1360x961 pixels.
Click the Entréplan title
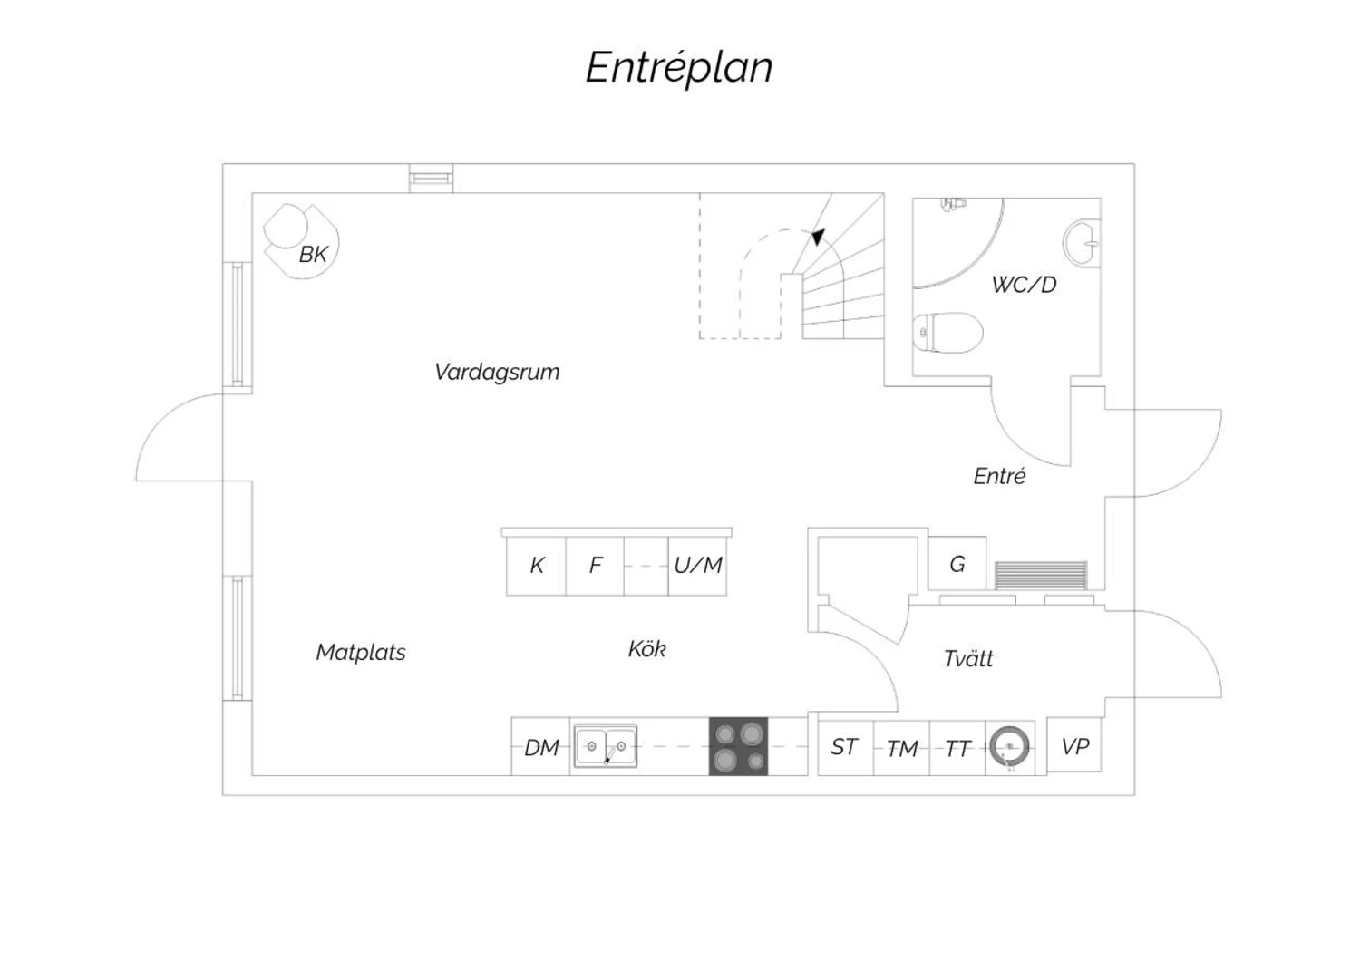[x=679, y=68]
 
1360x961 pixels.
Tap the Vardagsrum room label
[x=497, y=372]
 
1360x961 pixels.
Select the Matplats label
[x=361, y=653]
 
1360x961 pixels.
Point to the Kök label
[x=647, y=649]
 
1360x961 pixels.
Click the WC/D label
[x=1025, y=285]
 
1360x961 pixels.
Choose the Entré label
[x=999, y=476]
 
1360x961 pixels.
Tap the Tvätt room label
[x=968, y=659]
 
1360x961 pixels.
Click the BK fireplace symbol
[x=301, y=241]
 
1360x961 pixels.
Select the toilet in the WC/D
[x=947, y=333]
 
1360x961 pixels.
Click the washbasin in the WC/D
[x=1082, y=243]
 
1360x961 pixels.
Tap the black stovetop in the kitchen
[x=738, y=746]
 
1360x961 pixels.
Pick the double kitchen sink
[x=606, y=745]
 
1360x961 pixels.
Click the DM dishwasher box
[x=540, y=747]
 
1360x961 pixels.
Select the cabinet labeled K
[x=536, y=566]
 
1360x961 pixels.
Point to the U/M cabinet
[x=697, y=566]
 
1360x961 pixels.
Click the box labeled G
[x=957, y=563]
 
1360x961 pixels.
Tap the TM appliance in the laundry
[x=901, y=748]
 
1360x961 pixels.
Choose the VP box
[x=1074, y=745]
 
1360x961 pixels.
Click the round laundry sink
[x=1010, y=746]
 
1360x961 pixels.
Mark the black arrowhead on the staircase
[x=819, y=237]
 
